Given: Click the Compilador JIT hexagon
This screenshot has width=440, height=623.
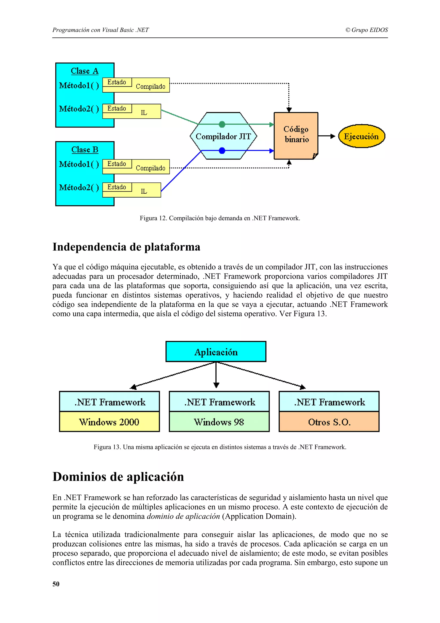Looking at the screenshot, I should (223, 137).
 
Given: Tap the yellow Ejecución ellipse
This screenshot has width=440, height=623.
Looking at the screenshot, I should (361, 136).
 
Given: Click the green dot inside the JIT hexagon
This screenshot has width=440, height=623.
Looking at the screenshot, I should (222, 124).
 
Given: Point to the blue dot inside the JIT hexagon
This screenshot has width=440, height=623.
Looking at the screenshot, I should (222, 151).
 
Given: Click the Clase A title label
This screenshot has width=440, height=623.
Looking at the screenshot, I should (85, 71).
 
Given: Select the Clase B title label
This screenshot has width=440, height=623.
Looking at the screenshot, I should (85, 150).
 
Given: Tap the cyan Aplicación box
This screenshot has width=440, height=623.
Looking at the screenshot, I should (216, 352).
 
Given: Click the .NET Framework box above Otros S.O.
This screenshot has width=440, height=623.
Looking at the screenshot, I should (329, 402).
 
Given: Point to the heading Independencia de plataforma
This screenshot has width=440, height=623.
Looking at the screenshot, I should (126, 247).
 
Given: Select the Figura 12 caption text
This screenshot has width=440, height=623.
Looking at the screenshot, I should (220, 218).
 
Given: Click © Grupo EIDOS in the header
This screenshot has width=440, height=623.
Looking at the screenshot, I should (367, 30).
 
